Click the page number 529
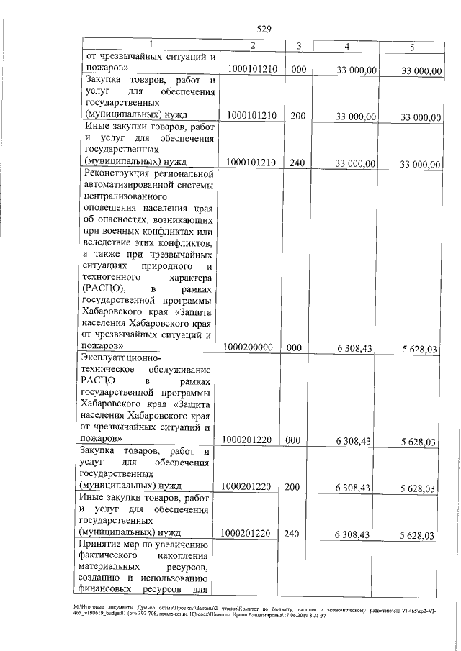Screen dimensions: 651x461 click(x=264, y=29)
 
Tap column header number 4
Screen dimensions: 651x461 click(x=348, y=47)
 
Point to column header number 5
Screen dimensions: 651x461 click(x=411, y=47)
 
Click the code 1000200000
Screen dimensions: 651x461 click(x=248, y=347)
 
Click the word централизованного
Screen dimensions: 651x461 click(x=126, y=196)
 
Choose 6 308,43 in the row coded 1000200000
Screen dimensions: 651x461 click(x=353, y=348)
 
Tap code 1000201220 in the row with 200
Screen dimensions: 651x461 click(x=248, y=488)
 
